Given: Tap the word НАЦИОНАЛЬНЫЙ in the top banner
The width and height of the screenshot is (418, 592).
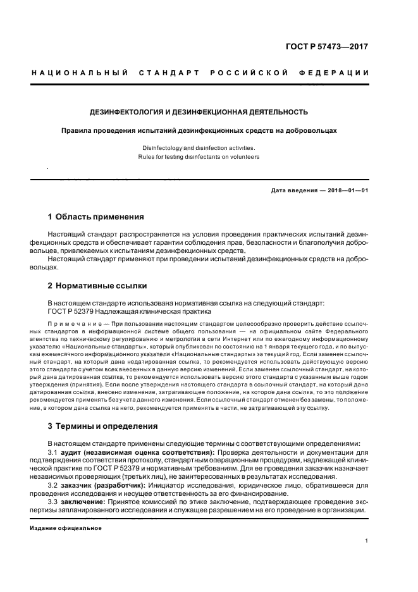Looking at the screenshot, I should (x=80, y=73).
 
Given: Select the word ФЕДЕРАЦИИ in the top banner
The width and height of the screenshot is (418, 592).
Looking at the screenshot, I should (x=340, y=73).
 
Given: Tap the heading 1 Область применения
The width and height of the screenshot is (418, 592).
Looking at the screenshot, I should (x=95, y=217).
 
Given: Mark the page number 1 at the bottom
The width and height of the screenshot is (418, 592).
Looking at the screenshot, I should (x=367, y=541).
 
